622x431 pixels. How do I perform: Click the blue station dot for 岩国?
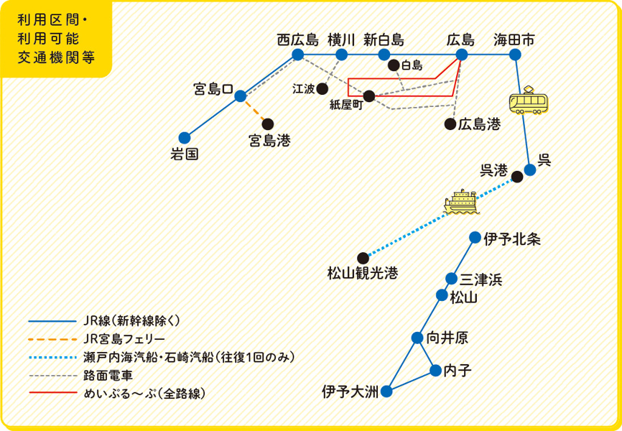pos(185,138)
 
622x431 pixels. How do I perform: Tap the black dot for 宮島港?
pos(268,124)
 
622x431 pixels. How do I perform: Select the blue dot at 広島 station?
pos(461,55)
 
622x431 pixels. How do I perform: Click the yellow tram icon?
pos(529,100)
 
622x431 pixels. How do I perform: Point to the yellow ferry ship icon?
pos(462,202)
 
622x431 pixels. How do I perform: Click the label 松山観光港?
pos(362,274)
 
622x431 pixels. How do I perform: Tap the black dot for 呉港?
pos(517,177)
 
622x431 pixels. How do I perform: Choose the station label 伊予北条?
pos(512,239)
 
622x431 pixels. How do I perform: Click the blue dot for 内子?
pos(435,371)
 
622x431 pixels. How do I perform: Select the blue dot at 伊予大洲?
pos(386,392)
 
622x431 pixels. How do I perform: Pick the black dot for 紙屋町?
pos(369,96)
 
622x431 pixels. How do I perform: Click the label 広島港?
pos(480,124)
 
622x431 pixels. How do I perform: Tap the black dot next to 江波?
pos(322,89)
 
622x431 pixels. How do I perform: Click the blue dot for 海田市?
pos(514,55)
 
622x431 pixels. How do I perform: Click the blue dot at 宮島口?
pos(240,96)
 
